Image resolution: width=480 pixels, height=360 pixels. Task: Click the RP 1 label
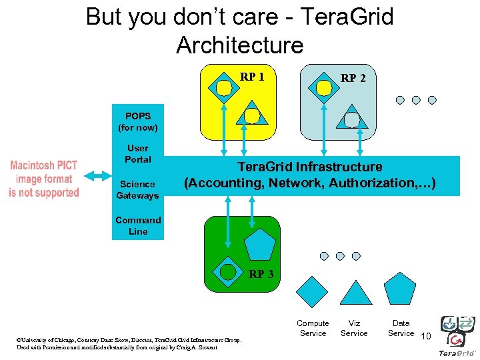pos(252,77)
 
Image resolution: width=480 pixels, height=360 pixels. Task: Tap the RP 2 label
pos(353,78)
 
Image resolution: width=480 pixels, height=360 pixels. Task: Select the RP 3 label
pos(261,274)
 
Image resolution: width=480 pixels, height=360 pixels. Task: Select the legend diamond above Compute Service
pos(312,291)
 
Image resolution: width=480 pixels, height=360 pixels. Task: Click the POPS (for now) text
pos(138,121)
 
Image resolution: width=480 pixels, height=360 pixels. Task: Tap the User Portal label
pos(138,154)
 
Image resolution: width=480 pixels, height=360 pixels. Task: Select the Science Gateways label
pos(137,190)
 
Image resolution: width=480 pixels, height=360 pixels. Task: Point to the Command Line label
pos(138,226)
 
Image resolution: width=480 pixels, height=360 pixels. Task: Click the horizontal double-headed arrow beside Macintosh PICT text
pos(98,175)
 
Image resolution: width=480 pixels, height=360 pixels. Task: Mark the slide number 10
pos(426,335)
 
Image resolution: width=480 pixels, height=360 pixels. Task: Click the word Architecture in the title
pos(239,45)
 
